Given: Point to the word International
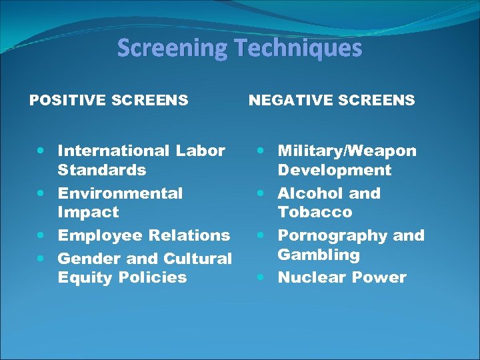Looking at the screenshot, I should [x=114, y=151].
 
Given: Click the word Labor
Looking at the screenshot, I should [x=200, y=151].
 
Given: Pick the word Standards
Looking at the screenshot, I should [x=101, y=170].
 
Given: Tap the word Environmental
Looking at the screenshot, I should [x=120, y=194].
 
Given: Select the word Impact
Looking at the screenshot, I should [x=88, y=213].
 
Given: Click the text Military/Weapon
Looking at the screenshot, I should [x=347, y=151].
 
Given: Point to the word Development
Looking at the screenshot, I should [x=334, y=170].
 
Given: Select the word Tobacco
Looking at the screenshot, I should [x=315, y=213].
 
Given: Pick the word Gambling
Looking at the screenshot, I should [x=318, y=255].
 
